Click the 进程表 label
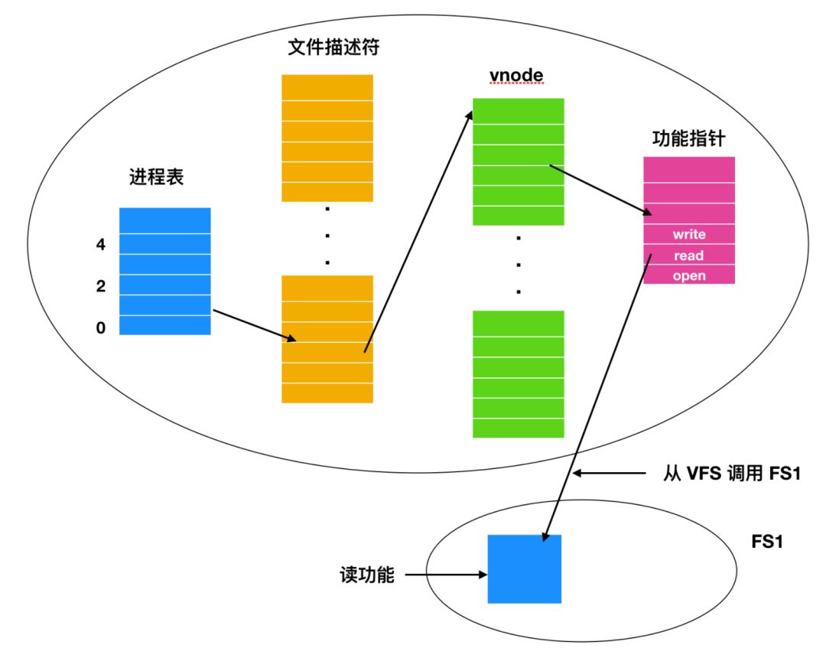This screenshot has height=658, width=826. coord(157,179)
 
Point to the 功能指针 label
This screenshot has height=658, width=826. coord(688,139)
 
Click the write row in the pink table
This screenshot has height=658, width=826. coord(688,234)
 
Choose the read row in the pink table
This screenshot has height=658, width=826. coord(688,255)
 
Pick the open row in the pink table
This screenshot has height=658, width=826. coord(688,275)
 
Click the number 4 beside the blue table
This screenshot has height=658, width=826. coord(100,245)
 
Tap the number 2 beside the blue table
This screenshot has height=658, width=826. coord(100,286)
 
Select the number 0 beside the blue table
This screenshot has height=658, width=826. coord(100,327)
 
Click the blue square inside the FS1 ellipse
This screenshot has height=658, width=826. coord(525,569)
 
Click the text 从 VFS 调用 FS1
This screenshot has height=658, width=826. coord(730,474)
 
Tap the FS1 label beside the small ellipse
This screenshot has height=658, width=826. coord(767,542)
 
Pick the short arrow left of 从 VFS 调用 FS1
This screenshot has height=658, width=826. coord(609,474)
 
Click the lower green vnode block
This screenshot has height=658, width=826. coord(518,374)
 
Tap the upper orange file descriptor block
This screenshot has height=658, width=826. coord(327,138)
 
